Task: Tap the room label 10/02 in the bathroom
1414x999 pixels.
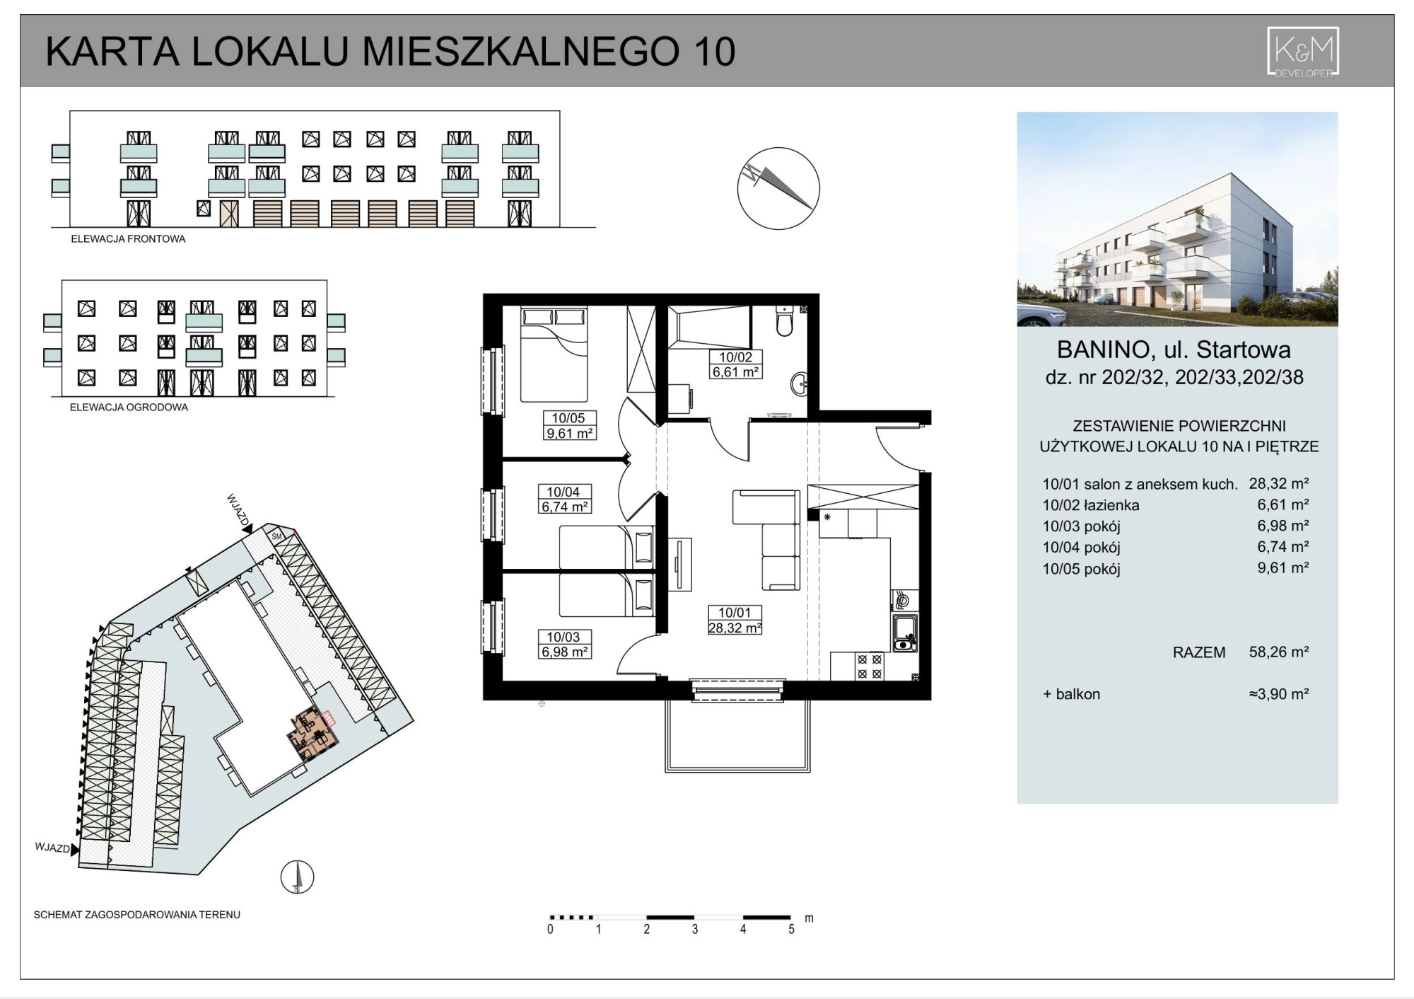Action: point(735,357)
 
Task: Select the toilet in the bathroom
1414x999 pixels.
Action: point(784,321)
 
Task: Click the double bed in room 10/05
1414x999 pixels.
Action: point(554,354)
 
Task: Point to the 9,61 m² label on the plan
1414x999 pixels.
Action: point(569,433)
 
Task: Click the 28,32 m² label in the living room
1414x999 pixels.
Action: point(735,628)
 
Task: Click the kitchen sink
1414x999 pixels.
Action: point(904,633)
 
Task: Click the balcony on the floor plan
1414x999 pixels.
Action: point(737,736)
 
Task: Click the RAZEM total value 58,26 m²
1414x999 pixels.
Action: point(1279,652)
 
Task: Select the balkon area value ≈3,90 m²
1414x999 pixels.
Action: point(1279,694)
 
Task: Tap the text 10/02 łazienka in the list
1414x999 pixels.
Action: point(1091,505)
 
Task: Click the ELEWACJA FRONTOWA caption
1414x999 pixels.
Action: point(128,239)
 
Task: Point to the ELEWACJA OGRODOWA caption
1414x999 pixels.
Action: point(129,408)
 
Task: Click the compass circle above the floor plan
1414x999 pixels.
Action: point(778,188)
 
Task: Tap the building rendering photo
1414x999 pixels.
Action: point(1177,219)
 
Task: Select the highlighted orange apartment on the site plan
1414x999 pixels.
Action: point(312,736)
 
